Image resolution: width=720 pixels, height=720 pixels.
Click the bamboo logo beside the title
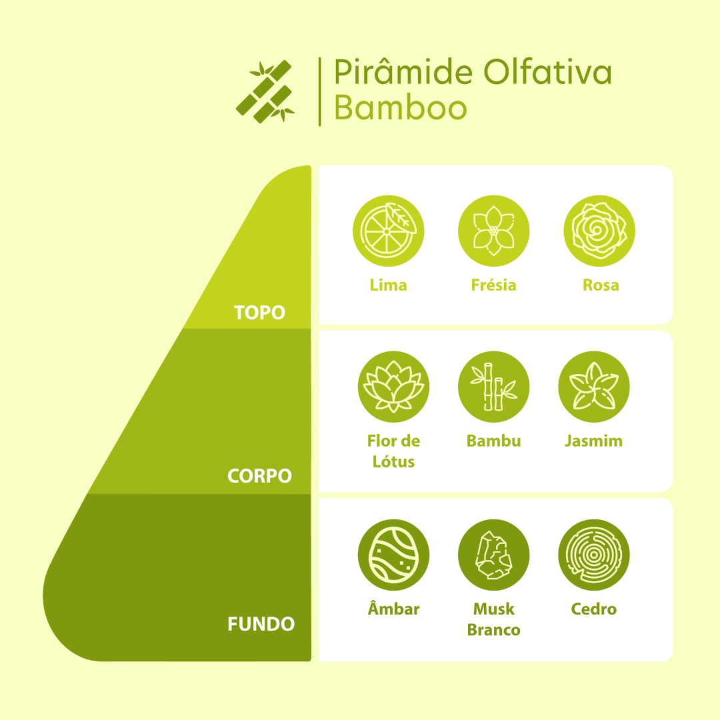click(265, 92)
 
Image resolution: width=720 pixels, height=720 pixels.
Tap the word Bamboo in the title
click(401, 108)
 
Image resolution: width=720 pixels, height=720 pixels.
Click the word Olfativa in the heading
click(547, 71)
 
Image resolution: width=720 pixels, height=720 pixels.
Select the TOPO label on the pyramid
click(259, 313)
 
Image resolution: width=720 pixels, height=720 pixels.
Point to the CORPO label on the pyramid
click(259, 476)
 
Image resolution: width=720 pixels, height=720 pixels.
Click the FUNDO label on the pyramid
click(261, 624)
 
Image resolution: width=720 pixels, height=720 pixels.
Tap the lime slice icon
click(389, 231)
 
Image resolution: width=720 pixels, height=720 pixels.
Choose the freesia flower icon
click(493, 231)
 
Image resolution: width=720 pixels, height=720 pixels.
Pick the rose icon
click(599, 231)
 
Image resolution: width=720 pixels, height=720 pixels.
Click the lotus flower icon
click(393, 387)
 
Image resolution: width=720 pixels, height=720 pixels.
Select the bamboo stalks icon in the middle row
click(493, 387)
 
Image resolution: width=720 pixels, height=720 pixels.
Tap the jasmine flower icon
click(594, 387)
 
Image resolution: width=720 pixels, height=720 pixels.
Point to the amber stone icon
click(393, 555)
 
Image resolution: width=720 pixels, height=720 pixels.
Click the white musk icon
click(493, 555)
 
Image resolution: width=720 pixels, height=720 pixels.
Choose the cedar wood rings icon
click(594, 555)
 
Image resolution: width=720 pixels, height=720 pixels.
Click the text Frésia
click(493, 285)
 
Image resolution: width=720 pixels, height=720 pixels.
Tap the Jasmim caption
click(594, 441)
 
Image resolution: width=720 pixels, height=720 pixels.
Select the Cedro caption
click(594, 609)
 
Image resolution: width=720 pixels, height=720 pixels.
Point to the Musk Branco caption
click(493, 619)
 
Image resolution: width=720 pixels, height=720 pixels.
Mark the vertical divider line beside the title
click(319, 91)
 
